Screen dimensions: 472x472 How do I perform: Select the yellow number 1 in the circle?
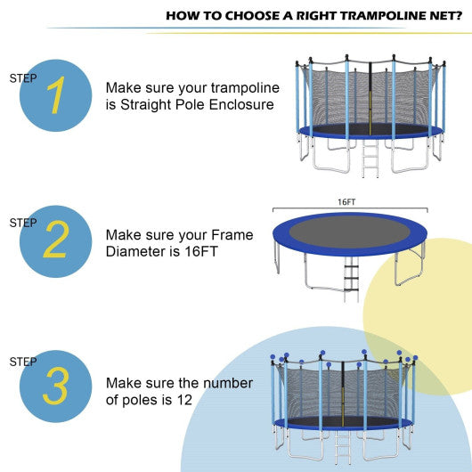(55, 98)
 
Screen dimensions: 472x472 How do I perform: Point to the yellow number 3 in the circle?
(55, 387)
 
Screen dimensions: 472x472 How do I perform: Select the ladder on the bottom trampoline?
(342, 450)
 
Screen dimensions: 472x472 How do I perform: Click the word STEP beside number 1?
(24, 78)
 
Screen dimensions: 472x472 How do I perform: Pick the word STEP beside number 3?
(24, 362)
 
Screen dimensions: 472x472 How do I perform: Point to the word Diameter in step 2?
(134, 252)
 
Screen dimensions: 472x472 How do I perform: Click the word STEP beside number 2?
(24, 223)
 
